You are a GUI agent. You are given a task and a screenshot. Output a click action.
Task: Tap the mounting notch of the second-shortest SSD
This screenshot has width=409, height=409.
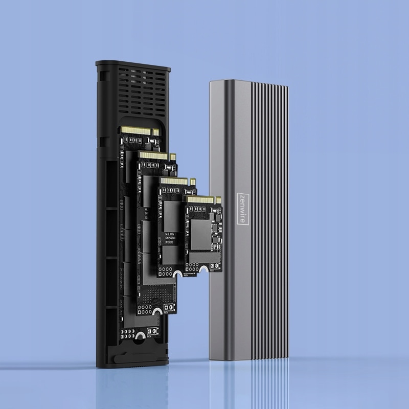(x=177, y=277)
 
